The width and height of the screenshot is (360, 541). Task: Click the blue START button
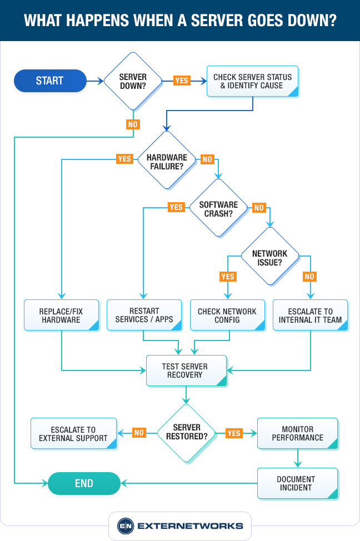coord(50,81)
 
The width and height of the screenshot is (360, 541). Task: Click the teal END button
coord(84,483)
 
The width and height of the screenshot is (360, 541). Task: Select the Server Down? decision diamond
coord(133,81)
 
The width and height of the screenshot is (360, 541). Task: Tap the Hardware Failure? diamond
coord(167,161)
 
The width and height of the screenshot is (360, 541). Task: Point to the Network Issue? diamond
coord(270,257)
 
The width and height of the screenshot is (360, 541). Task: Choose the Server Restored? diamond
coord(186,433)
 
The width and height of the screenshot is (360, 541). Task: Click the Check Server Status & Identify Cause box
coord(253,82)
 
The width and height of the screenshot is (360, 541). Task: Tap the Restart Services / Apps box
coord(144,315)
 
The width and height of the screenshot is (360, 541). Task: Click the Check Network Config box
coord(227,315)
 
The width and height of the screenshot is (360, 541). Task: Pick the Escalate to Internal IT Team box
coord(311,315)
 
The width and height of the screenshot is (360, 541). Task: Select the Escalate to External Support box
coord(73,433)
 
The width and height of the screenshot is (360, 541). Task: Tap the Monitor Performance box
coord(297,433)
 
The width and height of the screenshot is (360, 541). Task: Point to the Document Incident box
coord(297,483)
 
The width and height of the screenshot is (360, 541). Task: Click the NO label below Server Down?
coord(133,124)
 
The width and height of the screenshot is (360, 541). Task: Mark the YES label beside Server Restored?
coord(234,433)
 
